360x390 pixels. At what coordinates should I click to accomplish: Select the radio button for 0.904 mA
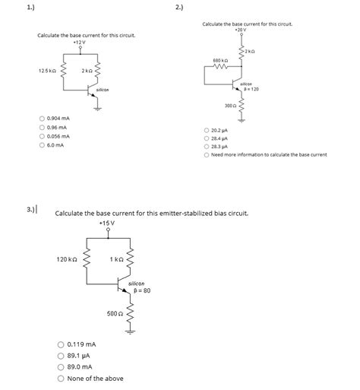click(42, 119)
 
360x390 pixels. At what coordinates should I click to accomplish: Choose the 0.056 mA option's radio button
click(42, 136)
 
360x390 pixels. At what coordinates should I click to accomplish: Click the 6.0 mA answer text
click(55, 144)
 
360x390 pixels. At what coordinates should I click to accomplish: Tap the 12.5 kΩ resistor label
click(46, 71)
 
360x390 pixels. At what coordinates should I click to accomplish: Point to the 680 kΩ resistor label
click(219, 60)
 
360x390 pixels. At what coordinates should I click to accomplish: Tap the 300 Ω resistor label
click(229, 105)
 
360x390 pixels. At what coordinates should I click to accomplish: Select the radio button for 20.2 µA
click(206, 131)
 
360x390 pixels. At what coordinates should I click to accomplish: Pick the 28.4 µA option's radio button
click(206, 138)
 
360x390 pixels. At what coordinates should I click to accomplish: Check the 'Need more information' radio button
click(206, 154)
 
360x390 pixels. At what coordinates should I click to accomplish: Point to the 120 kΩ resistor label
click(67, 260)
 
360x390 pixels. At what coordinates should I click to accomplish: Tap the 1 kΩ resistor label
click(116, 260)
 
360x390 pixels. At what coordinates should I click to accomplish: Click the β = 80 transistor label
click(142, 290)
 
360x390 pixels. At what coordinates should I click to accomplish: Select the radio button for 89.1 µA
click(61, 355)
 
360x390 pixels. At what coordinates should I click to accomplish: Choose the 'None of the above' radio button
click(61, 378)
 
